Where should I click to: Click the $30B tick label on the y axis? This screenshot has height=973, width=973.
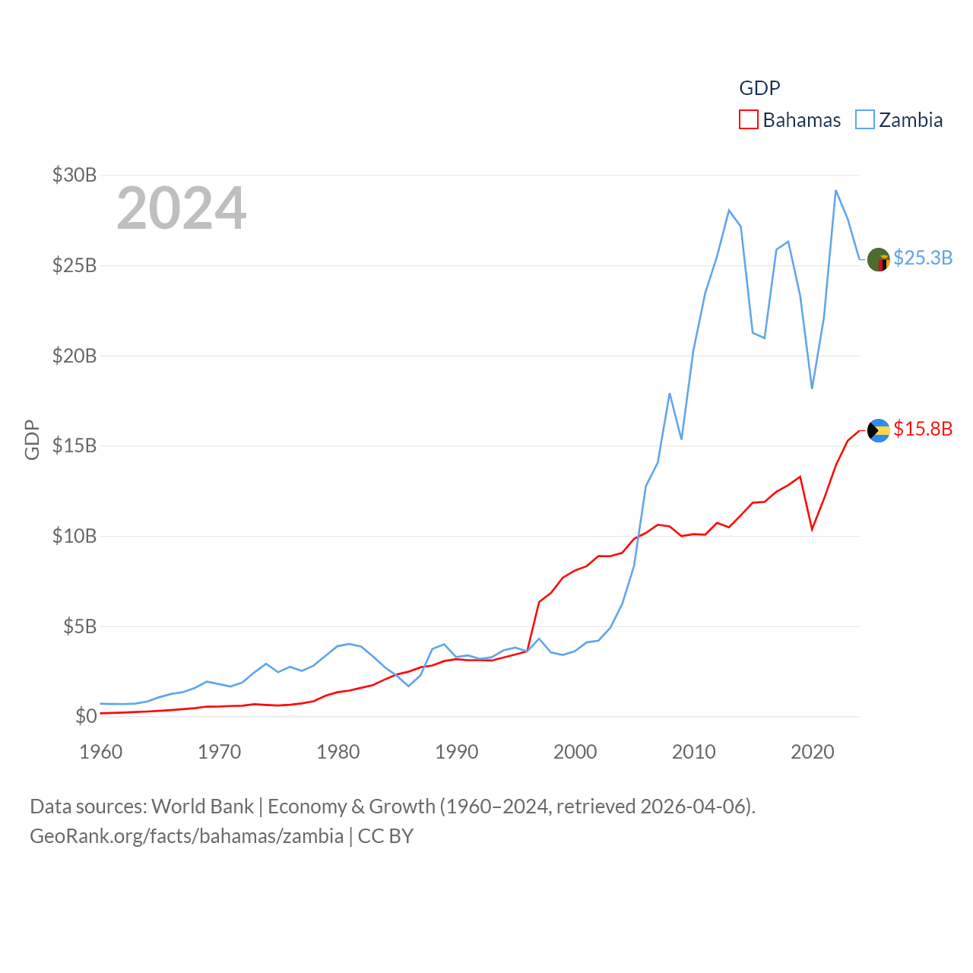(74, 176)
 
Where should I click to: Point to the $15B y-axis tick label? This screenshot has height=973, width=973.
(74, 445)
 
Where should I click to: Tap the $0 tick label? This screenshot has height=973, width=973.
(86, 716)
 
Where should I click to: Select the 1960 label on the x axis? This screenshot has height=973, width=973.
(101, 753)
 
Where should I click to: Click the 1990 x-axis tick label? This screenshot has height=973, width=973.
(457, 753)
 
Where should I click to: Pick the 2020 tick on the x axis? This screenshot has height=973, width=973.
(813, 753)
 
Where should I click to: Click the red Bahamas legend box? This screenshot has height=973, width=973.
(749, 120)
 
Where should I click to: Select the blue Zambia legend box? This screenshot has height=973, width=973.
(865, 120)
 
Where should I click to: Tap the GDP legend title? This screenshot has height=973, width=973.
(759, 88)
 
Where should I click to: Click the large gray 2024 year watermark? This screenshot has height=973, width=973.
(182, 208)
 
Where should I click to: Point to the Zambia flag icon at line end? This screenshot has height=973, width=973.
(879, 259)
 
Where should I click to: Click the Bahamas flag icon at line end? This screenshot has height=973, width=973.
(879, 430)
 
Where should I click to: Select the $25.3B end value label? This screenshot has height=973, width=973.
(923, 258)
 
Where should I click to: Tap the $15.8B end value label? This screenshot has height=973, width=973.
(923, 429)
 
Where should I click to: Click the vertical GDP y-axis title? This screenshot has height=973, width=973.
(32, 439)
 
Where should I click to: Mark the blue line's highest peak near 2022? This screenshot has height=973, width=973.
(836, 191)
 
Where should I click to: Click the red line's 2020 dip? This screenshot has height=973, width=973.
(813, 529)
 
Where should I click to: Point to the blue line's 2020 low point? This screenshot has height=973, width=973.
(813, 388)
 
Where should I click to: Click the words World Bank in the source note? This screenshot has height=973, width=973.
(203, 807)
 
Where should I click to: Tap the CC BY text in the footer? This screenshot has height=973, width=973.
(385, 836)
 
